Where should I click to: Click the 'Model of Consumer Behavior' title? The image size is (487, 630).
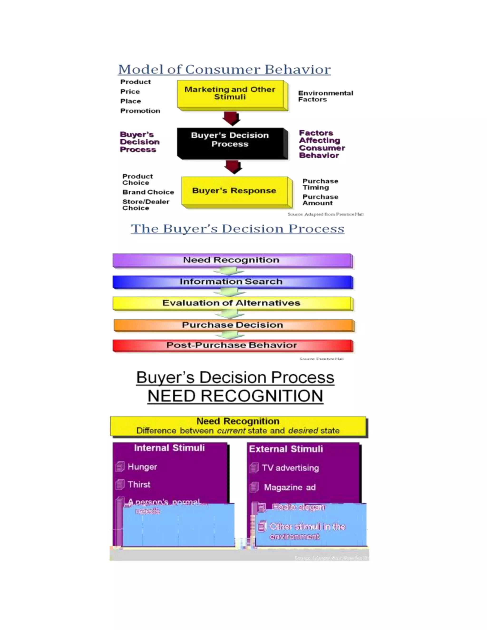(224, 69)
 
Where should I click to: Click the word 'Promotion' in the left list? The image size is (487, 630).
(140, 111)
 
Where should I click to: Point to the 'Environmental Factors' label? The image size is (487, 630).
(326, 96)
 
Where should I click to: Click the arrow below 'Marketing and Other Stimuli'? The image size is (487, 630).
(231, 118)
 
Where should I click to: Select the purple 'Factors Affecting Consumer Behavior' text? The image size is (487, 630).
(322, 144)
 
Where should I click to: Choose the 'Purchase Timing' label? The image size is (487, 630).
(320, 184)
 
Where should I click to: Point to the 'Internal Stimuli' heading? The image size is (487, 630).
(169, 448)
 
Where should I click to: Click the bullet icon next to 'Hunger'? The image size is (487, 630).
(120, 467)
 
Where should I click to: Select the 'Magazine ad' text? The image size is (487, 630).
(290, 488)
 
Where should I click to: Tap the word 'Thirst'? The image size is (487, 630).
(139, 485)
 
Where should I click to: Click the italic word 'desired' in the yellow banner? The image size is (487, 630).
(303, 431)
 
